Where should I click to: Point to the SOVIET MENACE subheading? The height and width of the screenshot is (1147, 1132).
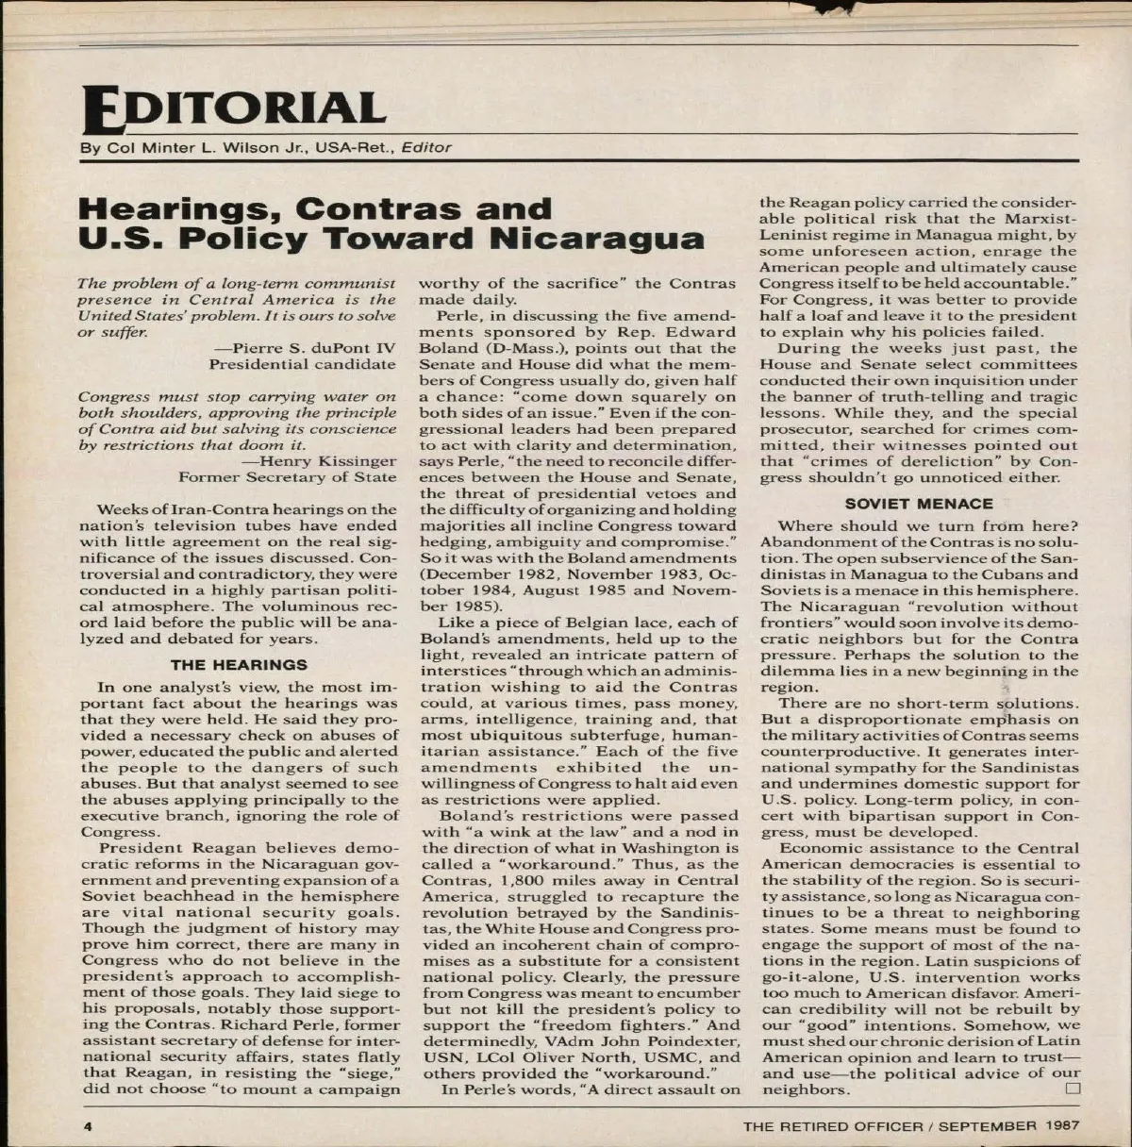coord(918,504)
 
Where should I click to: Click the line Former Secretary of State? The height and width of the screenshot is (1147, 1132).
coord(288,477)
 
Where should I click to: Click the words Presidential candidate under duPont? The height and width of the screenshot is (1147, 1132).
coord(302,363)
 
